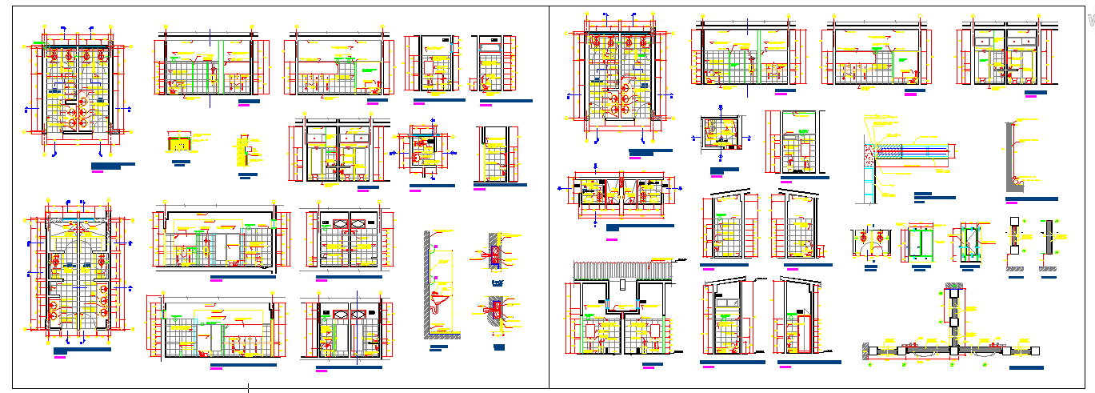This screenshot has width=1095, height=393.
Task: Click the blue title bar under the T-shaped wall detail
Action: tap(1026, 367)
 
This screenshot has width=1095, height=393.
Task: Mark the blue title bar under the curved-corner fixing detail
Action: tap(499, 346)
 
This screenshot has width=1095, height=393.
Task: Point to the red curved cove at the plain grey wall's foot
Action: tap(1018, 182)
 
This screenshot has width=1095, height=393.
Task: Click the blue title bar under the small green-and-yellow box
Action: tap(182, 162)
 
